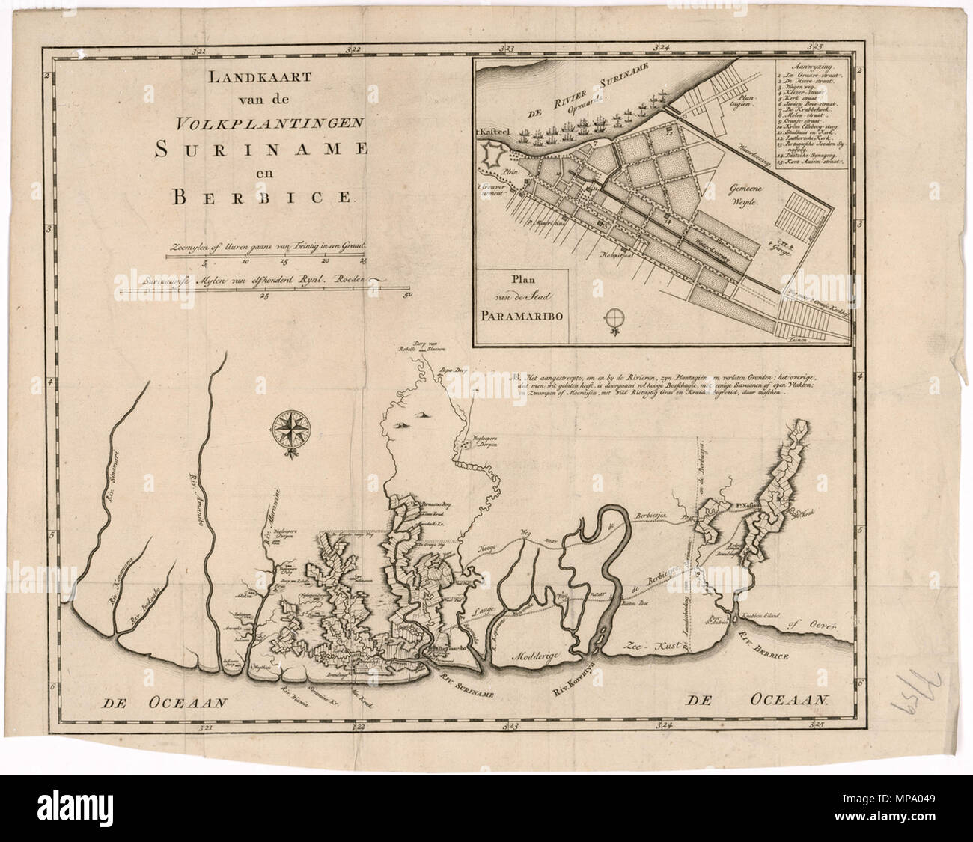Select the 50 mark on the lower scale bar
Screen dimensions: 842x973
click(x=408, y=294)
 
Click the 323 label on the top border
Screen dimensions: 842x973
click(x=509, y=47)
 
